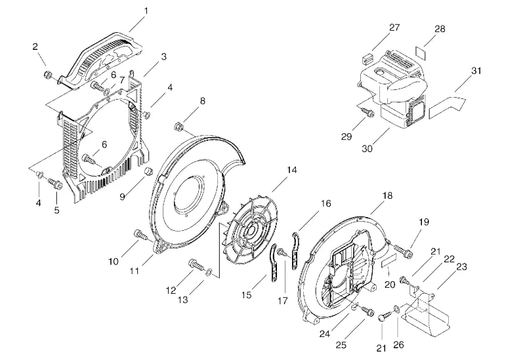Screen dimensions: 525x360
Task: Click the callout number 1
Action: (x=146, y=11)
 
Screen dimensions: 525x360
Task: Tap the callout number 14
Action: (x=291, y=170)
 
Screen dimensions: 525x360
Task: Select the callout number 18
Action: (x=387, y=195)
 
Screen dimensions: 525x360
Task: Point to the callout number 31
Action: (x=476, y=71)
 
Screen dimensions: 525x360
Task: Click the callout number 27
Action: (x=394, y=28)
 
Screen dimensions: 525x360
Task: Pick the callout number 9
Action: (x=122, y=197)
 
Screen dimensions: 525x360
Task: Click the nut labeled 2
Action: (x=47, y=74)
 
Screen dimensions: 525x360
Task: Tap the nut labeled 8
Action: (x=178, y=127)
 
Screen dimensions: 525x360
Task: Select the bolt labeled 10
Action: (x=140, y=235)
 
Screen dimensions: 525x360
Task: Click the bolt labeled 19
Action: (x=404, y=251)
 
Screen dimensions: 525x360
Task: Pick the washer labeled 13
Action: (x=209, y=271)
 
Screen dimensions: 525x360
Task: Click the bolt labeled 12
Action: (x=196, y=265)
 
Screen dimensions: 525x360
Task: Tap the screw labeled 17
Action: (x=283, y=252)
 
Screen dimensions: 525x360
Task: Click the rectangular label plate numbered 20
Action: (x=388, y=260)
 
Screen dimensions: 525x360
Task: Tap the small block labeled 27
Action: (x=367, y=59)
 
